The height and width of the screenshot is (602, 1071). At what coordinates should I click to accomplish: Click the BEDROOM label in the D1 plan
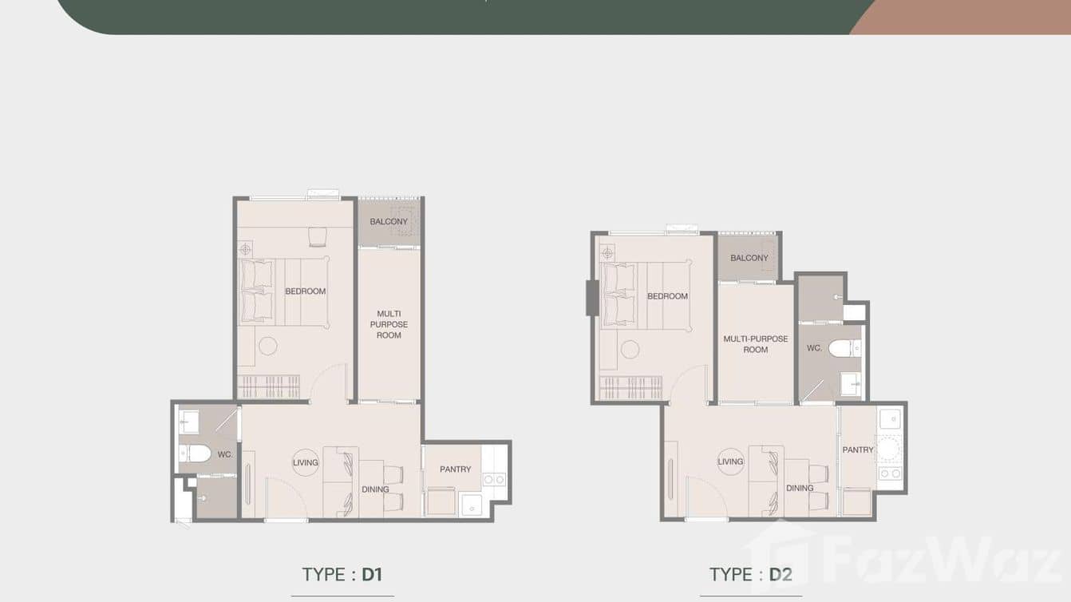(x=306, y=291)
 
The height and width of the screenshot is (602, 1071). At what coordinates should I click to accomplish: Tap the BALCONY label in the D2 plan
(x=749, y=258)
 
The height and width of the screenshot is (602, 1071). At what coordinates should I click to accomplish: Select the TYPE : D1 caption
(x=342, y=574)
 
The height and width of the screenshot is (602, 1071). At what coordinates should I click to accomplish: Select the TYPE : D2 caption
(x=750, y=574)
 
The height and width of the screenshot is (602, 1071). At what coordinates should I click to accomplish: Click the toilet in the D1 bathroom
(x=195, y=453)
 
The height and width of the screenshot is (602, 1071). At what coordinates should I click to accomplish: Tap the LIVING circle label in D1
(x=306, y=462)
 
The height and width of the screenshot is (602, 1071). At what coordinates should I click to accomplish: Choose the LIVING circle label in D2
(x=730, y=461)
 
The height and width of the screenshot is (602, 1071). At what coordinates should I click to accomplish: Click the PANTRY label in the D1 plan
(x=456, y=469)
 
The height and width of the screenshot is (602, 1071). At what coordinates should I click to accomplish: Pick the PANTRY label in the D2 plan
(x=858, y=450)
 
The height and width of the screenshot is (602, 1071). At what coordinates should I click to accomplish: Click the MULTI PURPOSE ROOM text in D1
(x=389, y=324)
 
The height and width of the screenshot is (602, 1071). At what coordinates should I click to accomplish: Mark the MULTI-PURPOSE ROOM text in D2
(x=756, y=344)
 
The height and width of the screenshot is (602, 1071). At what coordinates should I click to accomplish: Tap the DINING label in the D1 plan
(x=375, y=489)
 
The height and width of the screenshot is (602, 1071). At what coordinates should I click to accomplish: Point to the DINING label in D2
(x=800, y=488)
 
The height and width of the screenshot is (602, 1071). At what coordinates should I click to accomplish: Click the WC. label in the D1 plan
(x=225, y=454)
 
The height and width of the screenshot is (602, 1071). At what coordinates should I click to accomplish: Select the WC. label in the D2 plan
(x=814, y=348)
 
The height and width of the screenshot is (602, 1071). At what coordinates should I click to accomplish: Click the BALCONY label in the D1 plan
(x=389, y=221)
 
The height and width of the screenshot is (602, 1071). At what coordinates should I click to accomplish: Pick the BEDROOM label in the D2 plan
(x=668, y=296)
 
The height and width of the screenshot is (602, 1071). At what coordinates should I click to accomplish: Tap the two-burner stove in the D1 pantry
(x=494, y=479)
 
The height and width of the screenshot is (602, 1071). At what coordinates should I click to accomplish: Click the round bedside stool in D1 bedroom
(x=267, y=346)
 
